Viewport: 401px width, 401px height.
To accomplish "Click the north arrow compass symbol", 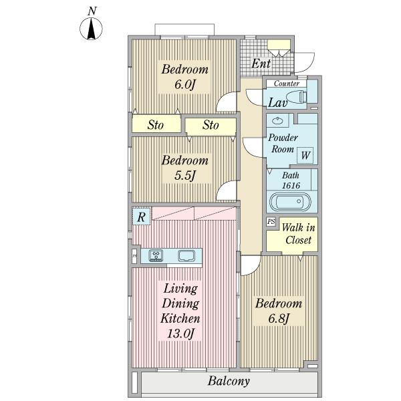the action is (91, 29).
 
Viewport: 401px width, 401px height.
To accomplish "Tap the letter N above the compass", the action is (92, 11).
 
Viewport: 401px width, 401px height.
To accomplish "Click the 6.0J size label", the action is (184, 84).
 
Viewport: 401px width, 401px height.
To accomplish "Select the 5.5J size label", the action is (184, 175).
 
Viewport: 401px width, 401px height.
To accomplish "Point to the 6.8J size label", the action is (279, 318).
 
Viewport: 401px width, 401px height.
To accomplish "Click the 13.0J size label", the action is (181, 333).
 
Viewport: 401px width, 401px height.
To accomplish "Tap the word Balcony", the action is (229, 381).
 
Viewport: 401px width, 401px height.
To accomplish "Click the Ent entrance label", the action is (261, 63).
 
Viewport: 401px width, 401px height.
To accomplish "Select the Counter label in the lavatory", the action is (287, 84).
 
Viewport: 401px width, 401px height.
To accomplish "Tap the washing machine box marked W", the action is (305, 155).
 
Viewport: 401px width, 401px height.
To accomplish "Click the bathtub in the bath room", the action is (291, 202).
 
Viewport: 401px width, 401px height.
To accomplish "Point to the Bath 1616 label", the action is (291, 180).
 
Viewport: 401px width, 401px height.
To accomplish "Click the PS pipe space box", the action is (271, 221).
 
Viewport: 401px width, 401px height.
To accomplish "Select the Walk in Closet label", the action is (298, 234).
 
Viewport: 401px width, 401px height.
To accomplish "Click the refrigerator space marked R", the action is (141, 217).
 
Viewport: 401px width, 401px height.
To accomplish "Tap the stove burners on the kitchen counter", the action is (156, 255).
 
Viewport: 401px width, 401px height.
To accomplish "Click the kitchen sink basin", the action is (186, 255).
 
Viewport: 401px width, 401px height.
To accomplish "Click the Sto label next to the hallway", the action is (211, 125).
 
